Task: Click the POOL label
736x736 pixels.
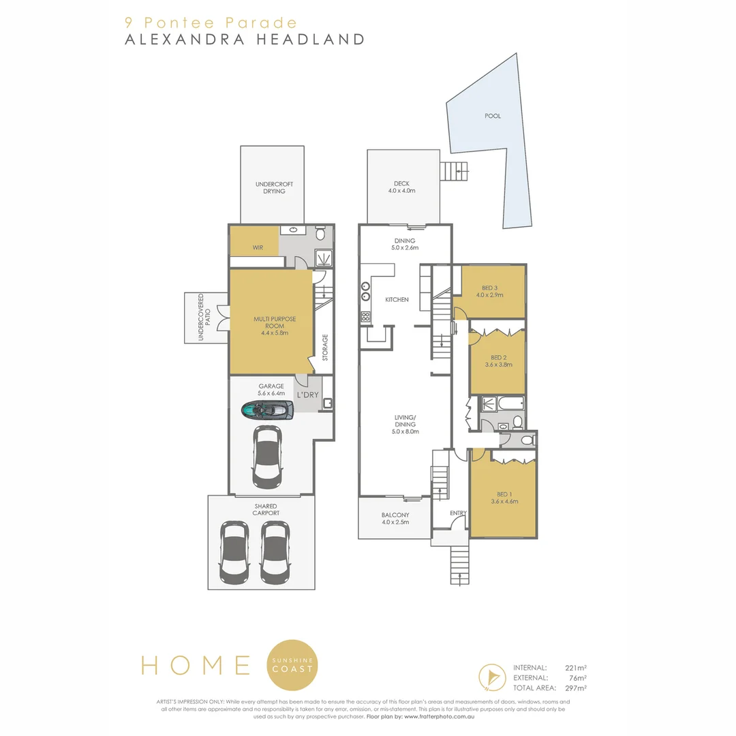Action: click(x=492, y=116)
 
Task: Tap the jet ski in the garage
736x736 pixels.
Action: click(x=267, y=410)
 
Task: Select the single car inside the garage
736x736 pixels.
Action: click(x=266, y=453)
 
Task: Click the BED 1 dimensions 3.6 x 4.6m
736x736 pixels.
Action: click(x=504, y=501)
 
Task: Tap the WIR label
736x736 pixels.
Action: click(x=258, y=247)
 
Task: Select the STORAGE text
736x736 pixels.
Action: click(x=325, y=347)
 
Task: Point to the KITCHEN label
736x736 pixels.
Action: click(x=397, y=300)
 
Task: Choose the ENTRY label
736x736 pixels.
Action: click(x=457, y=513)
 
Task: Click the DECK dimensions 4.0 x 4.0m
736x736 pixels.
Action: click(x=401, y=191)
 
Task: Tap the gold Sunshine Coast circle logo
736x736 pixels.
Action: click(x=293, y=664)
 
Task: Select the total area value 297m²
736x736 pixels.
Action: click(x=576, y=688)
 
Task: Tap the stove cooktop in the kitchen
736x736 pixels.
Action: click(x=365, y=316)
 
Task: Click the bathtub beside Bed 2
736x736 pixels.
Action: click(x=509, y=404)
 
